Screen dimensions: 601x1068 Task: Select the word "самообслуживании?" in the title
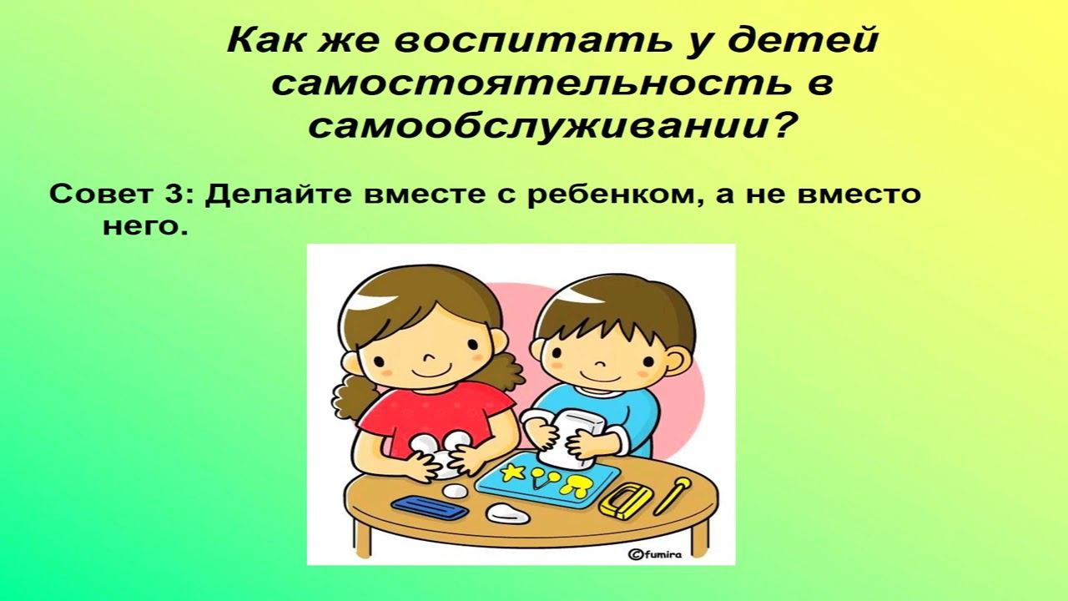pos(550,128)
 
